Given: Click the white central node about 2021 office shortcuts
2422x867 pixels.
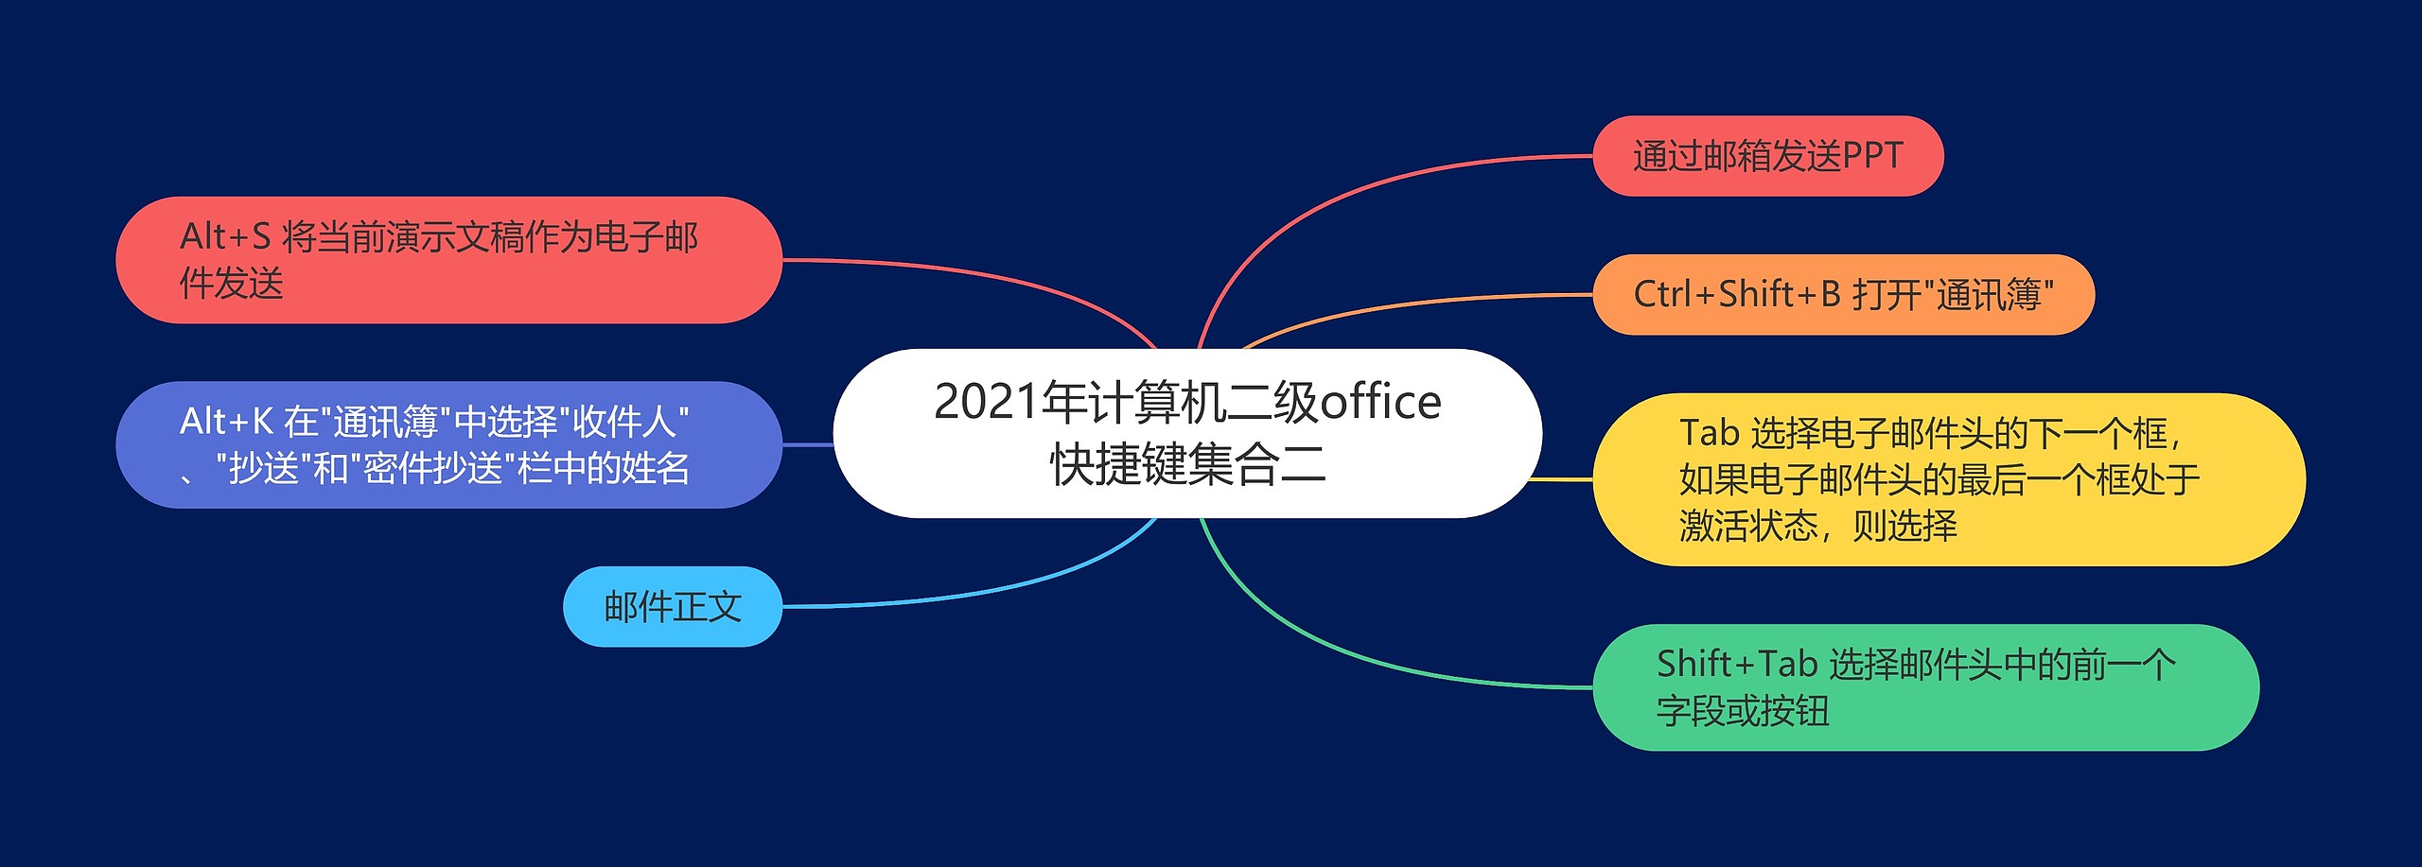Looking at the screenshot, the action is [1187, 433].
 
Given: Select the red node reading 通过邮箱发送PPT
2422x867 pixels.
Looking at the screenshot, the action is [1768, 156].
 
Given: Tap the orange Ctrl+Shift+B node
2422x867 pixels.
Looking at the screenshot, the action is [1844, 294].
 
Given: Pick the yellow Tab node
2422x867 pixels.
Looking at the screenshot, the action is [1949, 479].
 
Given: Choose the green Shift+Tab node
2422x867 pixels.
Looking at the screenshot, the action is [1926, 687].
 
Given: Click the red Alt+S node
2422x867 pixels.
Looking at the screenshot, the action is [448, 260].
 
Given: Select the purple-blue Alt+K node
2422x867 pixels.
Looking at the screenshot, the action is [448, 444].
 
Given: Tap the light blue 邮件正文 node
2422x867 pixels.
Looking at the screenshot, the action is [673, 606].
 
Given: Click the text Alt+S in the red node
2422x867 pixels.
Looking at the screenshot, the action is [225, 236].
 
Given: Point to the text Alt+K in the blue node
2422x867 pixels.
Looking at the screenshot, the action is [226, 422].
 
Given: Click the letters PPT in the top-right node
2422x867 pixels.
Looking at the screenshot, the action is [1872, 156].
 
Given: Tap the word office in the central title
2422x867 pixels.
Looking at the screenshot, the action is [1380, 402].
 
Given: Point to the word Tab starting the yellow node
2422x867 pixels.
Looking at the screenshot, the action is [1710, 433].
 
